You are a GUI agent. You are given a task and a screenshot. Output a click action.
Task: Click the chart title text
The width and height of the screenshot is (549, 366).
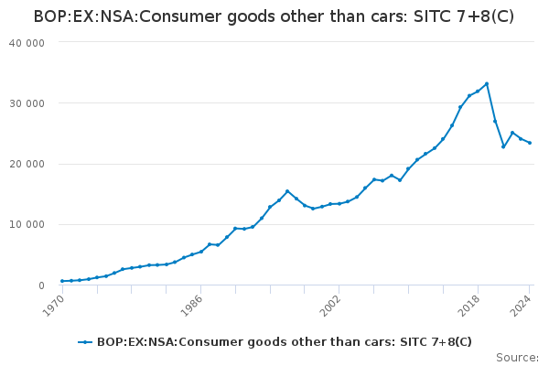coord(274,16)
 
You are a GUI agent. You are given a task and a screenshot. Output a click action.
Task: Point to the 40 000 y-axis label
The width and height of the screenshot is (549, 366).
coord(27,43)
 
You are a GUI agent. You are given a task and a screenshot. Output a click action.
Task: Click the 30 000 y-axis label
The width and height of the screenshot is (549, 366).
coord(27,103)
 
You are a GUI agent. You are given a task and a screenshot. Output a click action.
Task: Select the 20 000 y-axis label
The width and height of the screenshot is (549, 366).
coord(27,164)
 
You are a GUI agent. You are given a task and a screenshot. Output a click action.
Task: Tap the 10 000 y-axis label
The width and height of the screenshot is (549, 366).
coord(27,225)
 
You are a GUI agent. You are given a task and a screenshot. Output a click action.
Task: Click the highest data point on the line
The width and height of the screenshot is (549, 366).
coord(487,83)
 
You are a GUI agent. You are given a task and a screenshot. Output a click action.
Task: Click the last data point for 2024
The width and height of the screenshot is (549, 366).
coord(530,143)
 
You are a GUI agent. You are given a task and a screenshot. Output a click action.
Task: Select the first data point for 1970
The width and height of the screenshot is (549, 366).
coord(62,281)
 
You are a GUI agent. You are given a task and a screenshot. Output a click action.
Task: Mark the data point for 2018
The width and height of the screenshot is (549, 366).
coord(478,91)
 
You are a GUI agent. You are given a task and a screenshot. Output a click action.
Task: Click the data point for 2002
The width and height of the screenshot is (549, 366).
coord(339,203)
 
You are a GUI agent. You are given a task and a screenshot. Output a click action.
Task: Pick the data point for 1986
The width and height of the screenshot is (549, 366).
coord(201,252)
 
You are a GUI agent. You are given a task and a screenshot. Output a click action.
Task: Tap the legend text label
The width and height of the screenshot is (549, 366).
coord(285,342)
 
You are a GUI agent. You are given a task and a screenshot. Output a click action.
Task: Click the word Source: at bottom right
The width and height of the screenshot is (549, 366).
coord(517,357)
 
